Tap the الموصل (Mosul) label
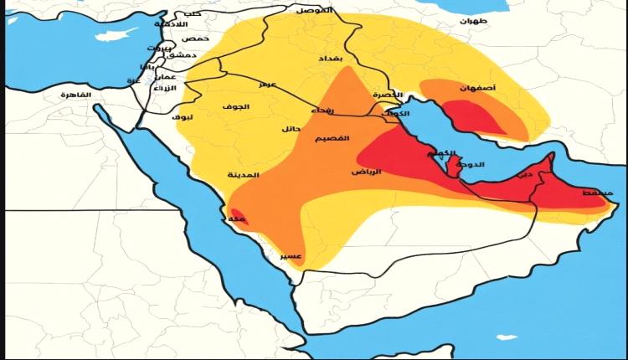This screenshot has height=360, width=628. point(314,10)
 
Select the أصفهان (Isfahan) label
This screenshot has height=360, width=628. point(476,87)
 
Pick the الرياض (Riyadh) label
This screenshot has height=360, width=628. point(366,171)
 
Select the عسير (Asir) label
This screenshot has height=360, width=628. point(291,255)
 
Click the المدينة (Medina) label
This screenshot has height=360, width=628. point(244,175)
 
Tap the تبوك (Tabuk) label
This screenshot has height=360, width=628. point(183,117)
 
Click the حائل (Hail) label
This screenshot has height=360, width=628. point(291,129)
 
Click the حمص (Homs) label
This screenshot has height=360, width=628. point(196,39)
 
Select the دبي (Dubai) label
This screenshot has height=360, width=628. point(524,175)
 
